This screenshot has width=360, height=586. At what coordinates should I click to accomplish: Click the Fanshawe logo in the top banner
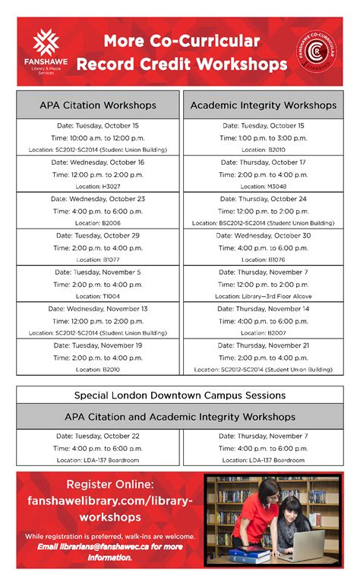49,52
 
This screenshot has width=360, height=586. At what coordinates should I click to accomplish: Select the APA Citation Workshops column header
98,104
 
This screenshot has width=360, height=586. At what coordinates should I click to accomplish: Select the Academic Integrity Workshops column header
264,104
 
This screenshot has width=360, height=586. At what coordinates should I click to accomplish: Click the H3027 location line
98,186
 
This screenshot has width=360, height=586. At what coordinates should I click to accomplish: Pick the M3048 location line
264,186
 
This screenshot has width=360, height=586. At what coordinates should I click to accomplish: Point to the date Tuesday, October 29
98,235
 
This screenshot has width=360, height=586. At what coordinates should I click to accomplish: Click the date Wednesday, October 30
264,235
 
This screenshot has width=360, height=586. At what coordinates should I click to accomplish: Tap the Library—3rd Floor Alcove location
264,296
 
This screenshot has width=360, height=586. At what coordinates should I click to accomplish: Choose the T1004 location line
98,296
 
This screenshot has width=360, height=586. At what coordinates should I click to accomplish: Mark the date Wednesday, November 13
98,308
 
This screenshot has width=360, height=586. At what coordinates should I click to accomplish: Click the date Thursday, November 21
264,345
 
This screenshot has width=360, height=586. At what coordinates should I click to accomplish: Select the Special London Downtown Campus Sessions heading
180,395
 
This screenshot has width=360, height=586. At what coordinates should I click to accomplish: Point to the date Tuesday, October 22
98,436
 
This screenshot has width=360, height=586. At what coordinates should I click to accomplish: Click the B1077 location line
98,259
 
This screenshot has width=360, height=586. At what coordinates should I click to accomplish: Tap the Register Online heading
111,484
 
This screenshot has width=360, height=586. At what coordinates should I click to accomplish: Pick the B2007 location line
264,332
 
